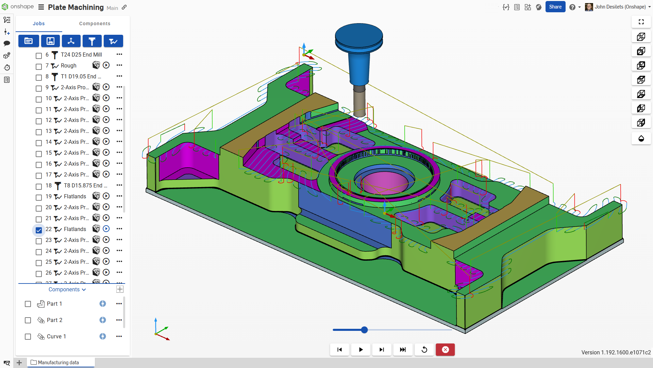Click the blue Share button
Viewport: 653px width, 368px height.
pos(555,7)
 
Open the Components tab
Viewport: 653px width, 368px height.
pos(95,24)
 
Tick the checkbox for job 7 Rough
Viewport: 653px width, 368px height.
pos(39,66)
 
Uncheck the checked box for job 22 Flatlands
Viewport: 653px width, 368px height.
pos(39,230)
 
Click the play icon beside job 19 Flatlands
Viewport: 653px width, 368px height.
pos(106,196)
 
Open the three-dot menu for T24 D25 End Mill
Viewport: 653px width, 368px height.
pos(119,54)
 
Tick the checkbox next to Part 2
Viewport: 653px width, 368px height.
pos(28,320)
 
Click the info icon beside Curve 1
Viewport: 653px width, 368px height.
pos(102,336)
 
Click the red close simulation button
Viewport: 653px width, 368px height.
pos(445,350)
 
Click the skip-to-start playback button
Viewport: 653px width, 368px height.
pos(339,350)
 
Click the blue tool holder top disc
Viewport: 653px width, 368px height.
pos(359,34)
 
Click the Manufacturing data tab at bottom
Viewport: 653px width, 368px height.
pos(58,363)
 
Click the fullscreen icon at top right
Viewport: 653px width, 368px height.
pos(641,22)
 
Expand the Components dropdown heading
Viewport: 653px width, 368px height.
pos(67,289)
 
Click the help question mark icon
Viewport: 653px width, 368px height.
pos(572,7)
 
